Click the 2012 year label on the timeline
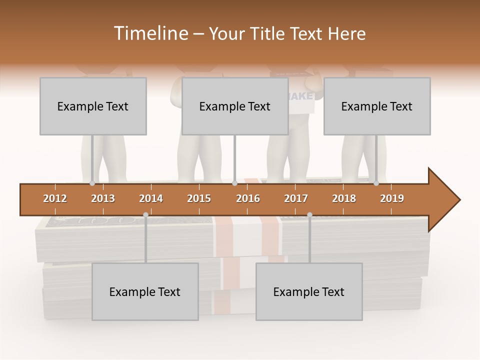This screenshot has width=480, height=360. coord(55,198)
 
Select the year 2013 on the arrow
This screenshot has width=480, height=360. coord(103,198)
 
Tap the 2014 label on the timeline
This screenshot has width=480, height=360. coord(151,198)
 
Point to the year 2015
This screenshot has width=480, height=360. coord(199,198)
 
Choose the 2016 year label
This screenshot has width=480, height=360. coord(248,198)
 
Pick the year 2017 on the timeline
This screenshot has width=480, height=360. coord(296,198)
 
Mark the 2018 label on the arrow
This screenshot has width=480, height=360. coord(344,198)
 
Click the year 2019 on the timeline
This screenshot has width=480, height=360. coord(392,198)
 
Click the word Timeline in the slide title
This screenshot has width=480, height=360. coord(150,33)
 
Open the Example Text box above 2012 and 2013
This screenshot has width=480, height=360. coord(93,106)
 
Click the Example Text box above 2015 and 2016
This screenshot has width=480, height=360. coord(235,106)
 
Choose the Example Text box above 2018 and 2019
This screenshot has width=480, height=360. coord(377,106)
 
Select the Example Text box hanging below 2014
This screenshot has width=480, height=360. coord(145,291)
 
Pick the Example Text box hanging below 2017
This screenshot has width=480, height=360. coord(309,291)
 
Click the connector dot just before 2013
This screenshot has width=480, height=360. coord(92,183)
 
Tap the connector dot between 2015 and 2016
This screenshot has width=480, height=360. coord(234,183)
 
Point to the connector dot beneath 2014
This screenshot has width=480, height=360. coord(145,214)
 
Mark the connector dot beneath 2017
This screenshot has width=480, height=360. coord(309,214)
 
